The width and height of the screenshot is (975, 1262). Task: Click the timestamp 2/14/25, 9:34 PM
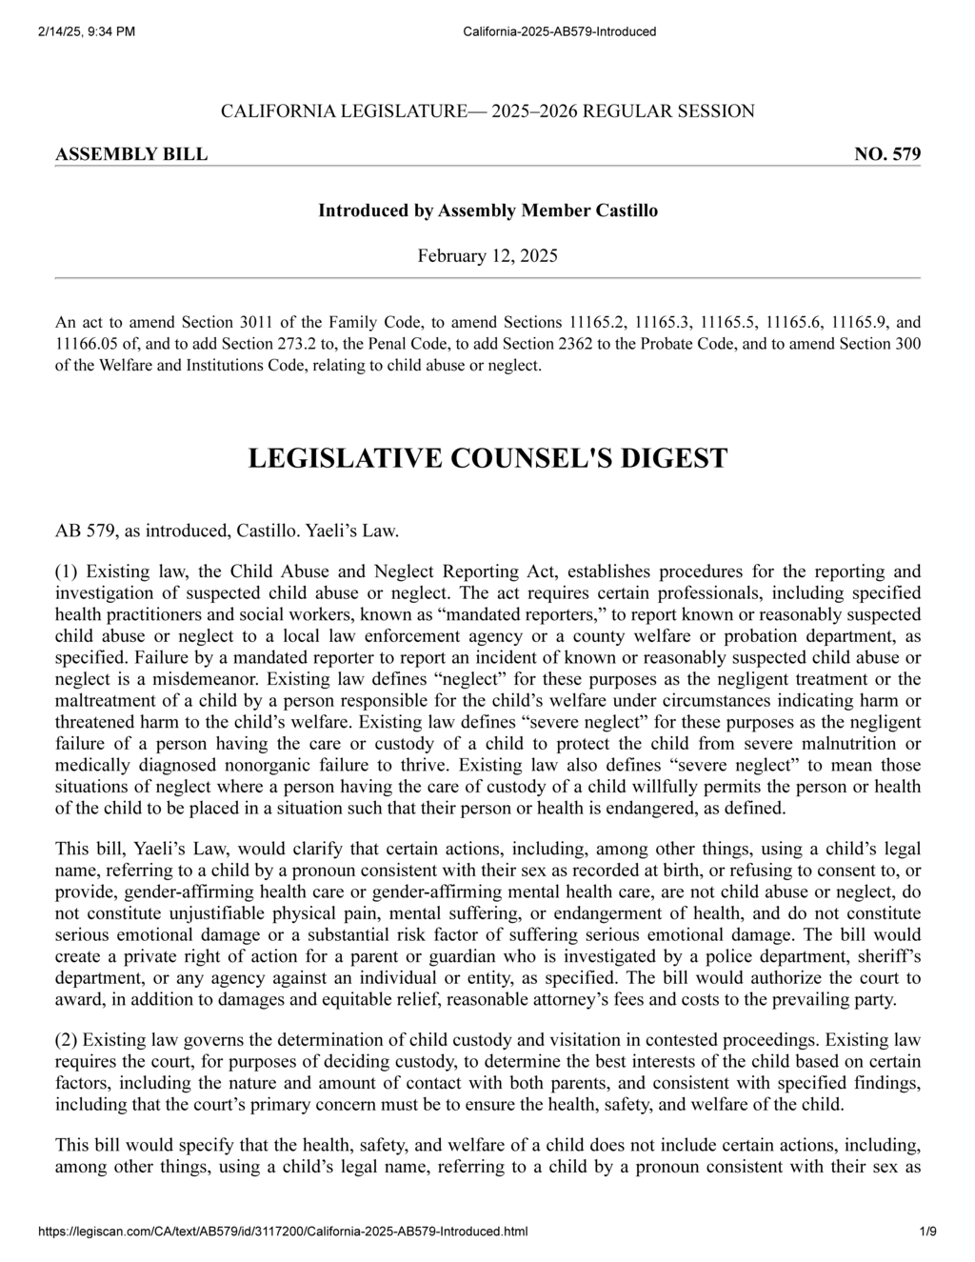tap(87, 31)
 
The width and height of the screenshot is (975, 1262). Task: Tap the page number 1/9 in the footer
tap(928, 1232)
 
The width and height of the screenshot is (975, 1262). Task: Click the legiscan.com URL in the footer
tap(283, 1232)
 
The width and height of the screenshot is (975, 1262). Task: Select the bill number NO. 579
tap(887, 154)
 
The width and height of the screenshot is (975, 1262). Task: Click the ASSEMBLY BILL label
tap(131, 154)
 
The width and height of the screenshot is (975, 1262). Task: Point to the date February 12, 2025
tap(487, 255)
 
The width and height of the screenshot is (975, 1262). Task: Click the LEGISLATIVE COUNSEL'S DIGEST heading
tap(487, 458)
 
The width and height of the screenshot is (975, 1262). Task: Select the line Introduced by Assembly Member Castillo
tap(487, 210)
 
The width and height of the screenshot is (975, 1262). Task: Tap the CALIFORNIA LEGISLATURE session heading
tap(487, 111)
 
